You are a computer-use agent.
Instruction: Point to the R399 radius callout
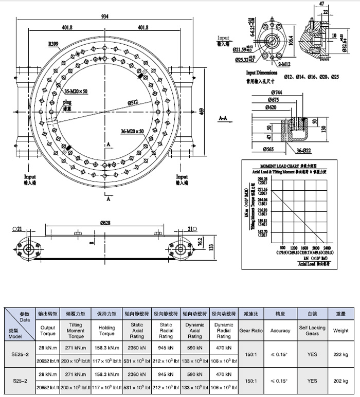53,44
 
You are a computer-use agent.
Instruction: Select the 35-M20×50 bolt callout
76,91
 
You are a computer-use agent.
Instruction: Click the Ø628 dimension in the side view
105,223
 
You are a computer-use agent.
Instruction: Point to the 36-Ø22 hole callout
305,150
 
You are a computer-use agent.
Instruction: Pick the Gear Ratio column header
251,331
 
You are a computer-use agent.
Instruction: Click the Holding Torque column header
107,331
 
